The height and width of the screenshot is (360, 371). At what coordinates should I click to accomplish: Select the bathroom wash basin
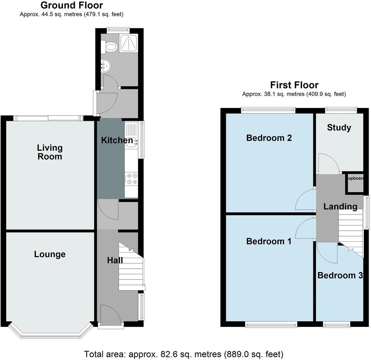[x=106, y=65]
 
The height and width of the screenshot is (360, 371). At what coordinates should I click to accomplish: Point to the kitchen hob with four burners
[x=131, y=179]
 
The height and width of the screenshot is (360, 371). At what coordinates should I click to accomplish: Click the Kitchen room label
[x=117, y=140]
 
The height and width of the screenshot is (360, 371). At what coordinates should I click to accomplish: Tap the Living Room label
[x=50, y=152]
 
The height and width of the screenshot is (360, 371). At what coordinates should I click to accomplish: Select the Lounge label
[x=50, y=254]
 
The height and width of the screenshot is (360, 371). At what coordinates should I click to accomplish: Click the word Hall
[x=115, y=260]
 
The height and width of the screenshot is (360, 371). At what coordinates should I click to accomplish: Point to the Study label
[x=339, y=127]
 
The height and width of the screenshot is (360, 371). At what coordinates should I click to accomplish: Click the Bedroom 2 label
[x=269, y=138]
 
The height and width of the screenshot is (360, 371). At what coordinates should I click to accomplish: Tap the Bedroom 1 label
[x=269, y=241]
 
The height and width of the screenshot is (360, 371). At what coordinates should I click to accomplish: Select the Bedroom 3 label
[x=340, y=275]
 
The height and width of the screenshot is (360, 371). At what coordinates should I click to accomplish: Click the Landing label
[x=340, y=206]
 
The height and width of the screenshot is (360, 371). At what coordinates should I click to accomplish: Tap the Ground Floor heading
[x=72, y=5]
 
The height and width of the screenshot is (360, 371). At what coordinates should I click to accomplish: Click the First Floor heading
[x=294, y=85]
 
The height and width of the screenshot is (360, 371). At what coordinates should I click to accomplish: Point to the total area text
[x=183, y=354]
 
